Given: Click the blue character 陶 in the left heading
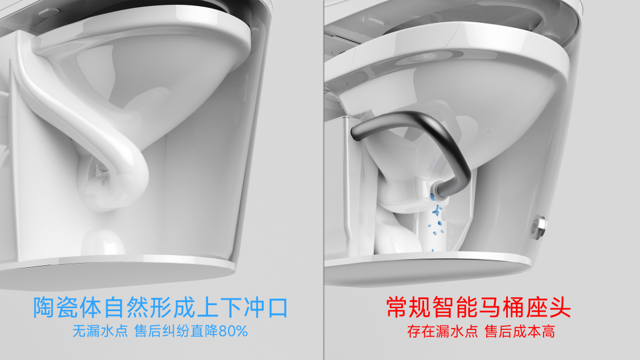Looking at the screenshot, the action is click(x=44, y=308).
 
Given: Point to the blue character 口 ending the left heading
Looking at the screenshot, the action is click(x=277, y=308).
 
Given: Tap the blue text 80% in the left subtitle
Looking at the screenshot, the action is click(x=233, y=331).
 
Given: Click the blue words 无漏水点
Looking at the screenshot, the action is click(x=100, y=331).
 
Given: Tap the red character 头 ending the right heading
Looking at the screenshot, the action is click(x=560, y=308).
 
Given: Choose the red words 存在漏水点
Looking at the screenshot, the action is click(x=442, y=331).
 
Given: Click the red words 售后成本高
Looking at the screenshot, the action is click(x=520, y=331).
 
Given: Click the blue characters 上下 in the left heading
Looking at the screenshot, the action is click(x=219, y=308).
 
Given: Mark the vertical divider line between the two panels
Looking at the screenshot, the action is click(x=324, y=180).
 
